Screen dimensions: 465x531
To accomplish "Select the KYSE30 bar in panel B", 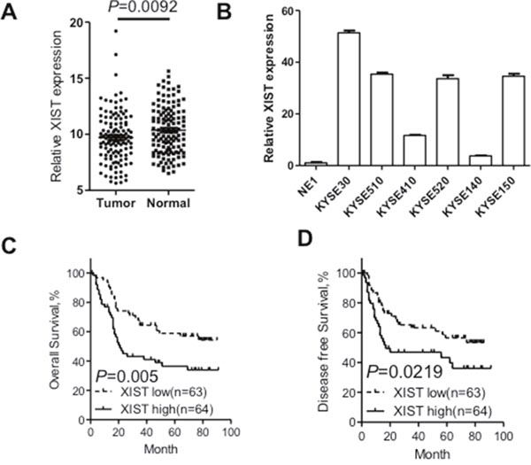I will tap(324, 98).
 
